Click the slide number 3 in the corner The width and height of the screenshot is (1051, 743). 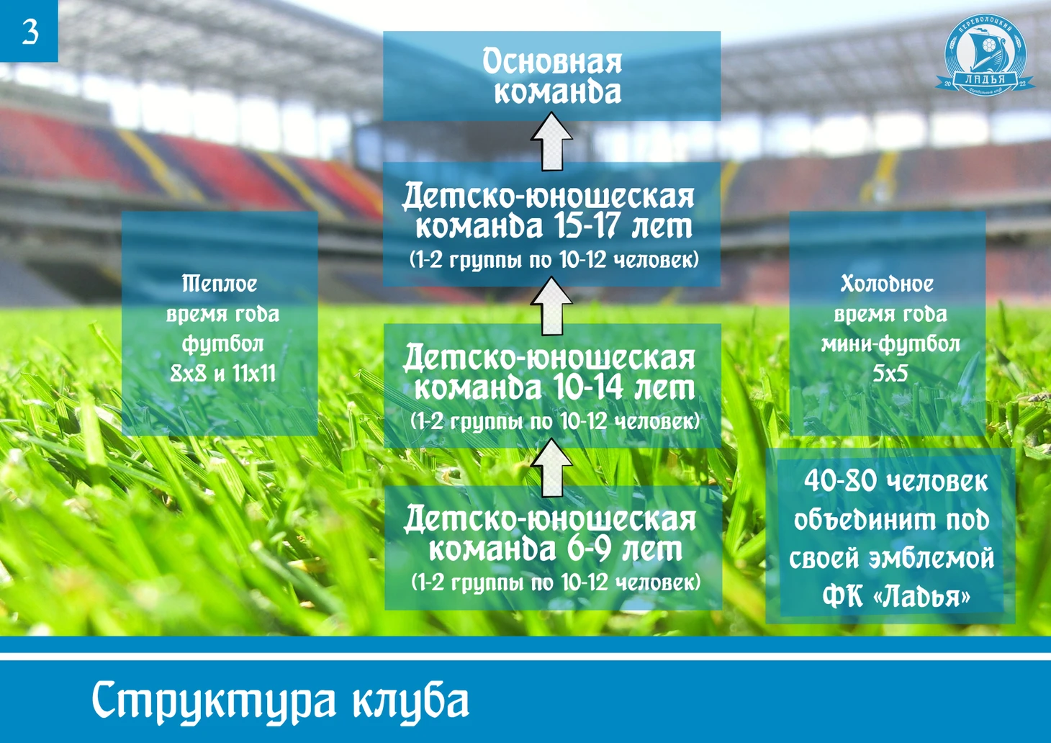point(30,32)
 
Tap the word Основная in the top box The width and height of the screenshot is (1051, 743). point(551,62)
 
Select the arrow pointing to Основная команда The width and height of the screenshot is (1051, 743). point(551,141)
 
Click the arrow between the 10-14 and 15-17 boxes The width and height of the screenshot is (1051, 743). point(551,306)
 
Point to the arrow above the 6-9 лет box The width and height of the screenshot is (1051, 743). point(551,467)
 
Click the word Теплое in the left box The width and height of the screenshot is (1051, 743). point(220,284)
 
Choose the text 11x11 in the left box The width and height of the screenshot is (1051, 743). point(254,374)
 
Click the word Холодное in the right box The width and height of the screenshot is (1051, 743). point(887,284)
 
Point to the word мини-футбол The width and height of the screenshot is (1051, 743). point(890,345)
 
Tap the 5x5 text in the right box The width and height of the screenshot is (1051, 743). point(890,374)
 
